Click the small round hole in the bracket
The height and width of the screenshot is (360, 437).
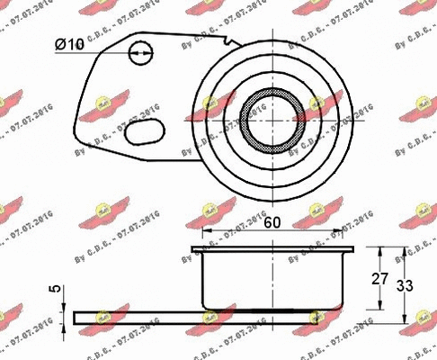click(x=138, y=53)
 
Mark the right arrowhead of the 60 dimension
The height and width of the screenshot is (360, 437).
click(x=346, y=232)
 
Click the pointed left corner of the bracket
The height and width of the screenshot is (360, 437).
click(x=79, y=119)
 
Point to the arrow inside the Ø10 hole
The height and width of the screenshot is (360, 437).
click(x=138, y=54)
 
